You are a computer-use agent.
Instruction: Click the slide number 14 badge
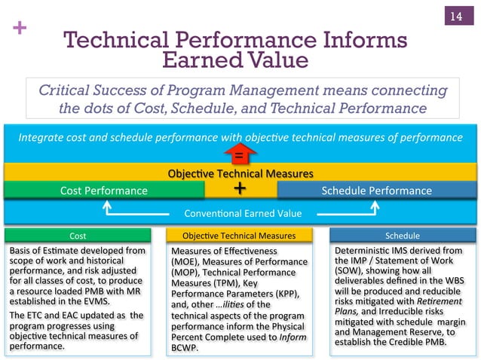[455, 17]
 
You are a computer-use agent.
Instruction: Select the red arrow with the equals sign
[240, 154]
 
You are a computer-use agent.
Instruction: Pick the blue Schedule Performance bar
[376, 191]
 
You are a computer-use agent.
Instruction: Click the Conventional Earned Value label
[240, 212]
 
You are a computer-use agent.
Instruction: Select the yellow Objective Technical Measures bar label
[240, 174]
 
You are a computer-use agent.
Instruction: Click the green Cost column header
[78, 236]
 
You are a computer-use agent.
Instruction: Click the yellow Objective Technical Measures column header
[240, 236]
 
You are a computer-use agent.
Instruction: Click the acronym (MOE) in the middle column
[186, 261]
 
